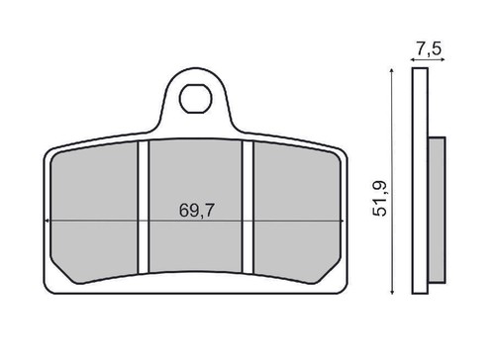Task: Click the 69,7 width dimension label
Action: (197, 211)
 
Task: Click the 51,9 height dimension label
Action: (379, 199)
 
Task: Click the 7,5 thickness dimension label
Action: (428, 49)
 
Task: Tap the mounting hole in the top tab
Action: (195, 99)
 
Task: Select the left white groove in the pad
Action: (144, 207)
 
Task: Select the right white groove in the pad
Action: (247, 207)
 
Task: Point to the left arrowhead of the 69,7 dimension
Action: (47, 221)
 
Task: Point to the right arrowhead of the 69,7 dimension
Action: (343, 221)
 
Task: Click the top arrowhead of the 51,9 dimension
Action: (391, 70)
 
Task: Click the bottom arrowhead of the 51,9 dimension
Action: (391, 292)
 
